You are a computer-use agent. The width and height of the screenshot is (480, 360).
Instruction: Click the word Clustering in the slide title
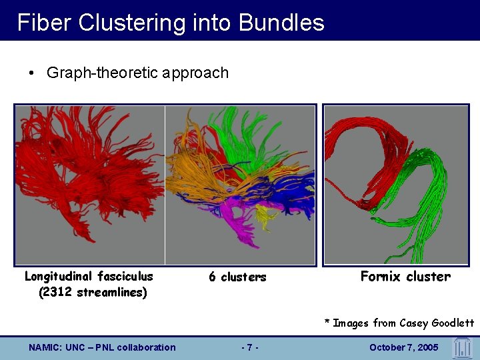point(133,23)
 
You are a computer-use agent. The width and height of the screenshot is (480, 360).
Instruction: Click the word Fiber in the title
point(45,23)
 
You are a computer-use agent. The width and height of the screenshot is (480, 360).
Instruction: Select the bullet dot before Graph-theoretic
point(32,73)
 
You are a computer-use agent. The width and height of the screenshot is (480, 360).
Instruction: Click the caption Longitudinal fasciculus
point(89,276)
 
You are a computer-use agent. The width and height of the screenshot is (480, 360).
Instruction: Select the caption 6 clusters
point(237,277)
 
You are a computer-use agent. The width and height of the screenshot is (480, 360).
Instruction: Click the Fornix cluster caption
point(405,276)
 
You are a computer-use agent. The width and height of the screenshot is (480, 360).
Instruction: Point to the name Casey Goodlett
point(437,323)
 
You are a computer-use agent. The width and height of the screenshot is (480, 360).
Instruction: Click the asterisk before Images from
point(327,323)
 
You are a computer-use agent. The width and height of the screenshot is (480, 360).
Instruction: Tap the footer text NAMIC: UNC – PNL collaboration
point(102,347)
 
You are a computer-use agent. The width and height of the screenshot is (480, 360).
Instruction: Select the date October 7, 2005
point(404,347)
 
